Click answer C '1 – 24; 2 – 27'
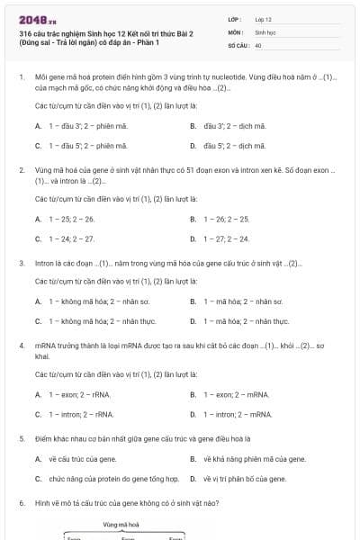pos(71,238)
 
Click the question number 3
pos(21,264)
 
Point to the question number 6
pos(21,503)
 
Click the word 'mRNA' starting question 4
pos(46,346)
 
